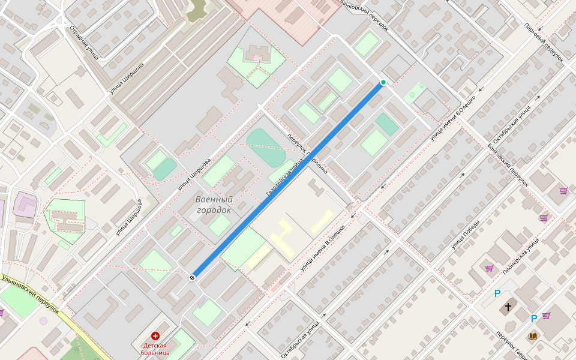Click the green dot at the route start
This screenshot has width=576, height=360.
383,82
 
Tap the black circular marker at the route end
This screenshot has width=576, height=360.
193,277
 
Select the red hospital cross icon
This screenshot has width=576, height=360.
156,336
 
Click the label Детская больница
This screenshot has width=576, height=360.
156,349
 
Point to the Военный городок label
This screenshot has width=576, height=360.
214,205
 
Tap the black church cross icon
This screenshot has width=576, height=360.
508,307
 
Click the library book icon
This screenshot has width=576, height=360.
532,336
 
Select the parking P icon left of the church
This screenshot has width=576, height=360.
497,293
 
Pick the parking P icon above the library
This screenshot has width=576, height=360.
533,319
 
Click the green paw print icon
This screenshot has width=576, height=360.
413,94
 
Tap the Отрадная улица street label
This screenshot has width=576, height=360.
83,42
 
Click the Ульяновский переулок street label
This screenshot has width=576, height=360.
30,294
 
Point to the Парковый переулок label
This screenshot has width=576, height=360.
544,43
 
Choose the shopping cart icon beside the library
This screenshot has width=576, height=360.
546,315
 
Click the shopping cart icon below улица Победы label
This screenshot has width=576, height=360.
489,268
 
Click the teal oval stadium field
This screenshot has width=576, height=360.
265,147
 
